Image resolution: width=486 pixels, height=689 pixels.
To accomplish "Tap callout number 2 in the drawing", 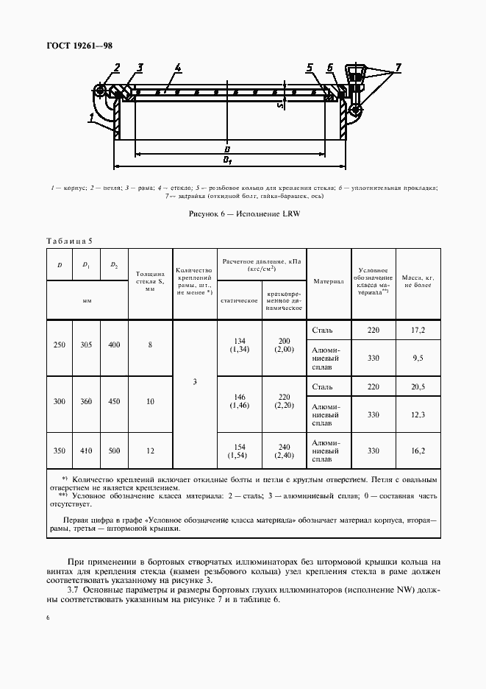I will [x=116, y=69].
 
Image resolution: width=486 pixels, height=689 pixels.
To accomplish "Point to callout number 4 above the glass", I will [x=178, y=68].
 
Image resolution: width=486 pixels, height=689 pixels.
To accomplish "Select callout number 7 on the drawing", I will [x=399, y=68].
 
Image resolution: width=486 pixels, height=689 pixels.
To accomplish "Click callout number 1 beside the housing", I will [x=90, y=116].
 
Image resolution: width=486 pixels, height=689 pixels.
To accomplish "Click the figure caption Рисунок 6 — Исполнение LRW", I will [x=245, y=213].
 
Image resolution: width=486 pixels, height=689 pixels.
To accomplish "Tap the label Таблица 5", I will [x=70, y=241].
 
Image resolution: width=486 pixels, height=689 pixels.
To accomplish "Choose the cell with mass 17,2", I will [x=418, y=330].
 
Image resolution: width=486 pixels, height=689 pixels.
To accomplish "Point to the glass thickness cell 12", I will [x=150, y=450].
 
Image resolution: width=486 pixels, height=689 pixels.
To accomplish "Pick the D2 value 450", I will [x=113, y=401].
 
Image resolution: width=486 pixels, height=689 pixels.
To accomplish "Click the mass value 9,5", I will [x=418, y=358].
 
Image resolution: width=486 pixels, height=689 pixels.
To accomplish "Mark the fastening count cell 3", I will [x=194, y=382].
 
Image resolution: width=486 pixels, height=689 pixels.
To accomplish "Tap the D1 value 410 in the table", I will [x=86, y=450].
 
